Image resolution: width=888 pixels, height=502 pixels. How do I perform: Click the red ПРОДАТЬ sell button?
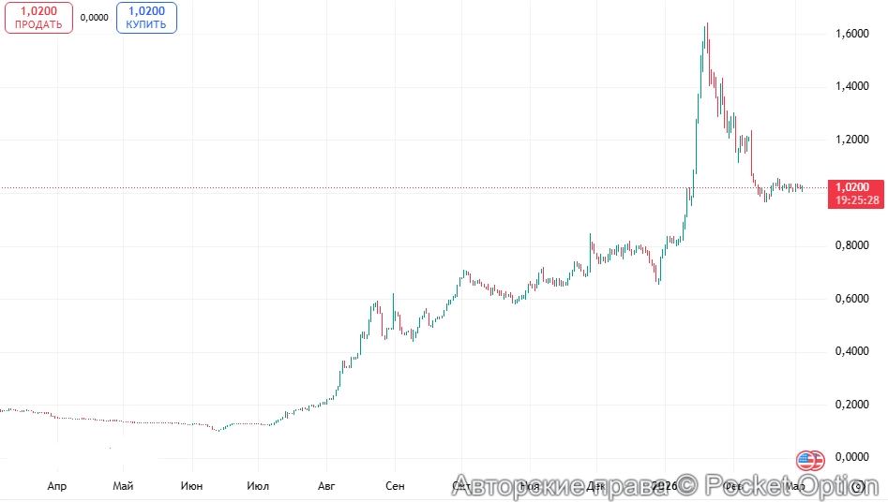point(38,18)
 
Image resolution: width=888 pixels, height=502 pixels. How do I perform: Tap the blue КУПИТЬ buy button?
point(146,18)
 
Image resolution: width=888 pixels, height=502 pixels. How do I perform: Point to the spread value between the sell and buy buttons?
point(94,17)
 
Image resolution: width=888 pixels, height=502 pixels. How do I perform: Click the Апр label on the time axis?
point(56,486)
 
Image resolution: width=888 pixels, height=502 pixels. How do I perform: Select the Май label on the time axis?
point(123,486)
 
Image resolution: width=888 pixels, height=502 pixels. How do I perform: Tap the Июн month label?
point(192,486)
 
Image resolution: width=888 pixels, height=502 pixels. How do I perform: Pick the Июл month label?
point(258,486)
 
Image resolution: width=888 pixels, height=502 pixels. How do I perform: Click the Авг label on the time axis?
point(326,486)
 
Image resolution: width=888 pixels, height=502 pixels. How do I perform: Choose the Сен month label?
point(395,486)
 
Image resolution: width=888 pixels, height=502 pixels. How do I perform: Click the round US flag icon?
point(810,460)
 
